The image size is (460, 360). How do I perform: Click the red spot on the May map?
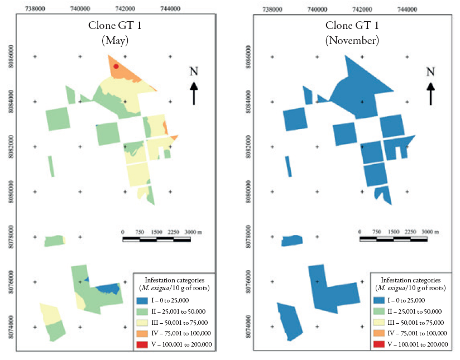pyautogui.click(x=116, y=66)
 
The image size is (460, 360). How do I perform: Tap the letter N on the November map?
pyautogui.click(x=430, y=71)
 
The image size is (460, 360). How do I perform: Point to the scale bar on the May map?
pyautogui.click(x=156, y=239)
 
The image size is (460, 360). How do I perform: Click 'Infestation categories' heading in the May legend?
pyautogui.click(x=174, y=279)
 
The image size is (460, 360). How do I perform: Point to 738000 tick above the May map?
pyautogui.click(x=35, y=9)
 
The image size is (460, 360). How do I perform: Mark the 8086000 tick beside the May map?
pyautogui.click(x=11, y=56)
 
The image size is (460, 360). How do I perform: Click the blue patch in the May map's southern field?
pyautogui.click(x=107, y=289)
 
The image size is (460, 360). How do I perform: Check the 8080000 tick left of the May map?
pyautogui.click(x=11, y=191)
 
